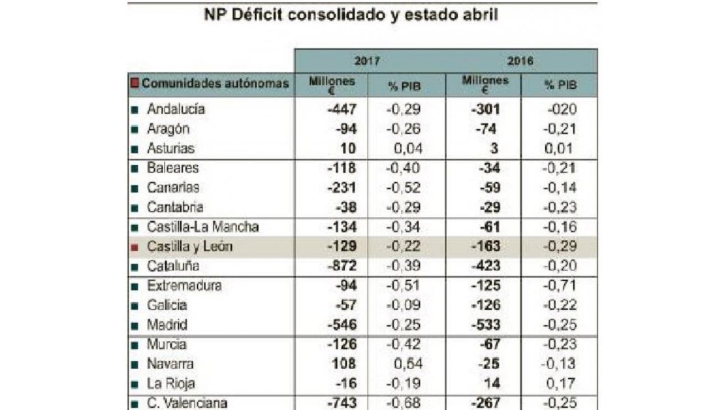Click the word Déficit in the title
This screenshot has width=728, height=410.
pos(257,15)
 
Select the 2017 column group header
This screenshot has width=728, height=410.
pos(367,61)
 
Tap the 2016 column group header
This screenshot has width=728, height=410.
pos(521,61)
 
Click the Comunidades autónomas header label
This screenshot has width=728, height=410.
pos(215,84)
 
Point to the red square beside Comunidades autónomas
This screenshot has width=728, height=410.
pos(135,83)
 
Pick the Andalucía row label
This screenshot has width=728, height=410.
pos(176,109)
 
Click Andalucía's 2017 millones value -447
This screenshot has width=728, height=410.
pos(342,109)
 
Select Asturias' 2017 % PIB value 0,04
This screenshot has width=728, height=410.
pos(408,149)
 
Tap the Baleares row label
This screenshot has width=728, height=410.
pos(172,168)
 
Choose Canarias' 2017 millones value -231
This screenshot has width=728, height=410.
pos(342,188)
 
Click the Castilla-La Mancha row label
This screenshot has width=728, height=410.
pos(203,227)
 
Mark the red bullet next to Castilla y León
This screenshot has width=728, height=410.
pos(135,247)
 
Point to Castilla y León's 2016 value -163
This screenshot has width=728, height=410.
pos(485,247)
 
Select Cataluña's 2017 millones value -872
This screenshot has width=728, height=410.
pos(342,266)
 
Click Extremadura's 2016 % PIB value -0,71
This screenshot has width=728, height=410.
pos(559,285)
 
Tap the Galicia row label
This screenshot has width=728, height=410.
pos(167,305)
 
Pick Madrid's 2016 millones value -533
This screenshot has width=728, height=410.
pos(485,325)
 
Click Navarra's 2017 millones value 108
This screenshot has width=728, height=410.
pos(344,364)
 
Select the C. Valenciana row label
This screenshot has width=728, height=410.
pos(187,403)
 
